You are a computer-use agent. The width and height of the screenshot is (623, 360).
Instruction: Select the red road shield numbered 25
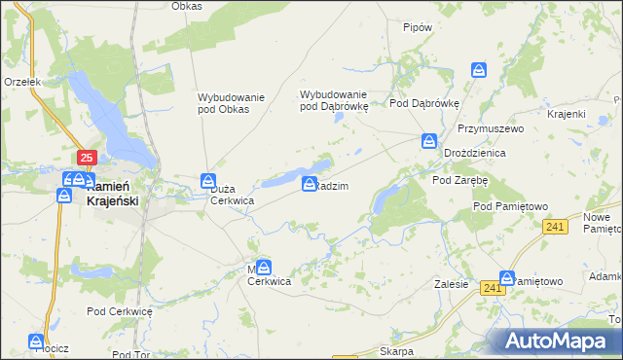[x=87, y=158]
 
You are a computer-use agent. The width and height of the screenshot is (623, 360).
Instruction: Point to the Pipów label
[x=417, y=28]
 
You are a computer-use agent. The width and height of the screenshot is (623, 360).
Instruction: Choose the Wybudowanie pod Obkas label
[x=224, y=103]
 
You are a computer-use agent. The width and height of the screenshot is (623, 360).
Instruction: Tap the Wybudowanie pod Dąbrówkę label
[x=333, y=100]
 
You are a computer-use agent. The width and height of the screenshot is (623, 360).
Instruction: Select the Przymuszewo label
[x=491, y=128]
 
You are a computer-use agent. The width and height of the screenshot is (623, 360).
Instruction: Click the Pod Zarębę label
[x=459, y=180]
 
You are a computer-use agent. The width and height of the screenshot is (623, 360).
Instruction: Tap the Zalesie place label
[x=452, y=285]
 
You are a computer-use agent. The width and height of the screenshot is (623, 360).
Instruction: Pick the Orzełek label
[x=21, y=83]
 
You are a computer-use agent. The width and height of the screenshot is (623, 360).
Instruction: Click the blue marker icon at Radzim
[x=310, y=184]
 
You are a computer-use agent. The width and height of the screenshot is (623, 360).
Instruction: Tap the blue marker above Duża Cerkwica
[x=207, y=181]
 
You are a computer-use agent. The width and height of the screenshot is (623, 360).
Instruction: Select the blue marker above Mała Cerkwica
[x=264, y=266]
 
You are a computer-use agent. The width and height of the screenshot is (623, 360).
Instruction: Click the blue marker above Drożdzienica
[x=429, y=142]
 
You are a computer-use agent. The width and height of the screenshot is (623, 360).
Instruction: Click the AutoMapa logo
[x=560, y=342]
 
